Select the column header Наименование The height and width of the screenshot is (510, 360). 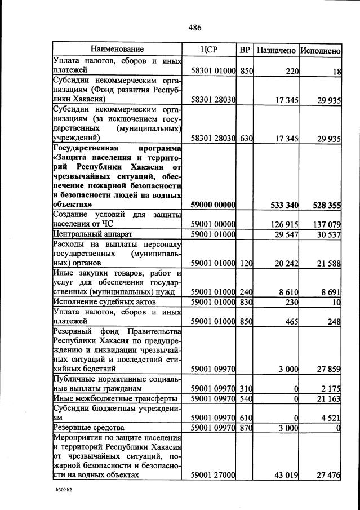click(117, 50)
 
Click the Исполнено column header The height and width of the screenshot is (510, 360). click(320, 50)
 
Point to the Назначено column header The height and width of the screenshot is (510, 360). click(276, 50)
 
